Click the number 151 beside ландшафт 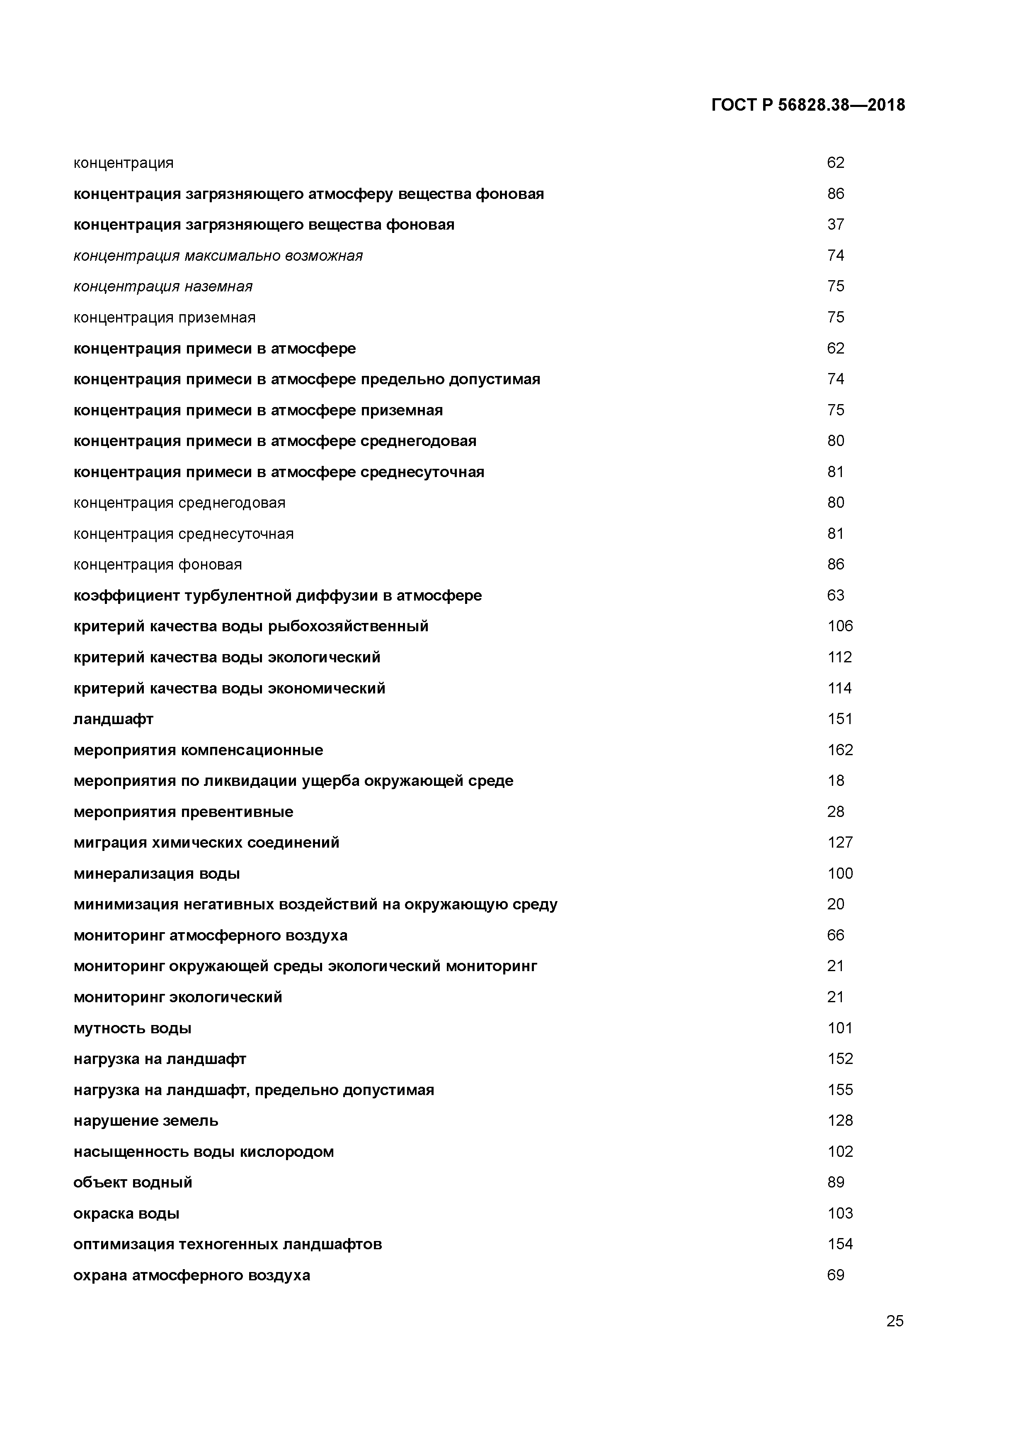[x=840, y=719]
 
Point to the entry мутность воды [x=132, y=1028]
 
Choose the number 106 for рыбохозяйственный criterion [x=840, y=626]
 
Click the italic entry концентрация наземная [x=163, y=287]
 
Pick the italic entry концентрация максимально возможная [x=218, y=256]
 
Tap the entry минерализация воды [x=156, y=874]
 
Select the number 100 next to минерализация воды [x=840, y=874]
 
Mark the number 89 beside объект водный [x=835, y=1183]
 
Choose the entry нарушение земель [x=145, y=1121]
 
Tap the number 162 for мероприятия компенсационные [x=840, y=750]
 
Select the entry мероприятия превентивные [x=183, y=812]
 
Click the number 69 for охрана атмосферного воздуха [x=835, y=1275]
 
